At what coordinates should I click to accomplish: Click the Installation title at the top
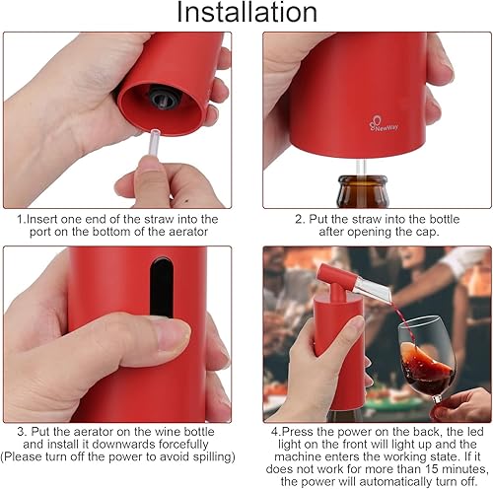246,13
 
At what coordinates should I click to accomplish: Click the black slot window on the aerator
161,287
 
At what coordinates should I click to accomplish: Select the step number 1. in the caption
23,219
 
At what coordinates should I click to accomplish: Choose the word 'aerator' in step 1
185,233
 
